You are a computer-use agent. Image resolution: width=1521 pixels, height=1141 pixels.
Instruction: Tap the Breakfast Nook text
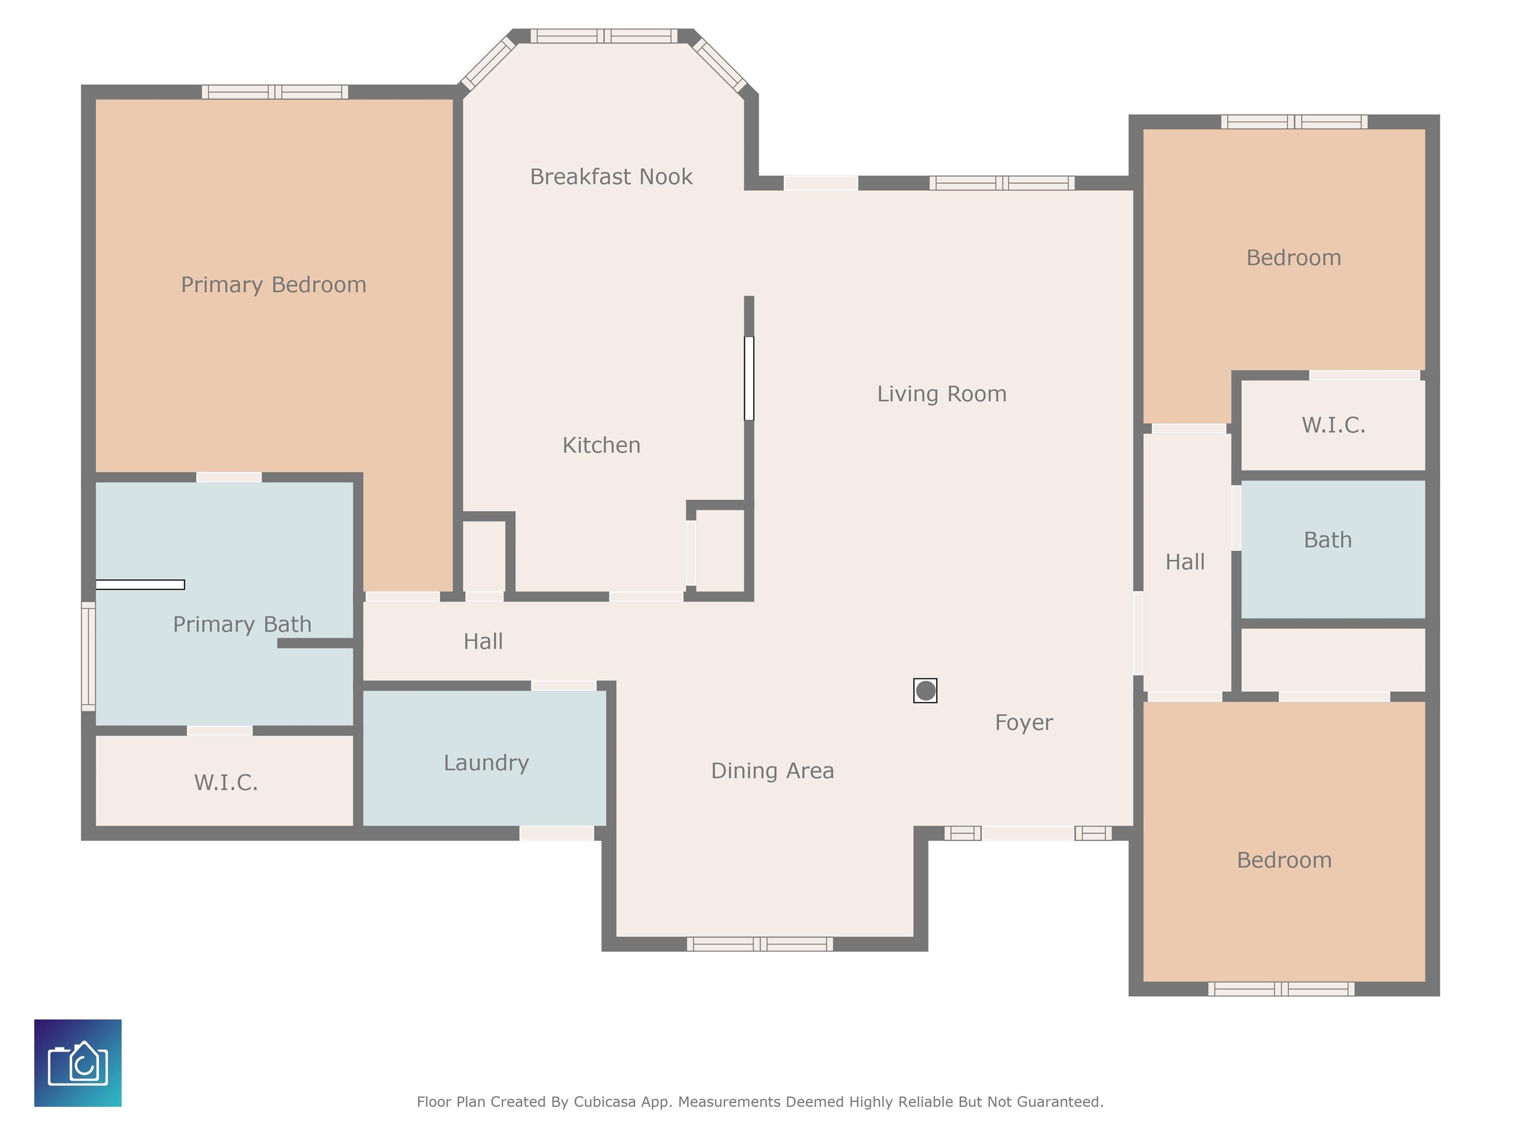[610, 177]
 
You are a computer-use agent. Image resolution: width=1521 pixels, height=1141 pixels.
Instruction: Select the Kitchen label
[601, 445]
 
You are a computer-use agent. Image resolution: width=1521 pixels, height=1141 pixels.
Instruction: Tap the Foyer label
[1023, 722]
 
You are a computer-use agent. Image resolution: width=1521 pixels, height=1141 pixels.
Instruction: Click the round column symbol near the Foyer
[925, 690]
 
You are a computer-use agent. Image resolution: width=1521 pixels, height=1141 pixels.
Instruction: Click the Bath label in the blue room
[1327, 540]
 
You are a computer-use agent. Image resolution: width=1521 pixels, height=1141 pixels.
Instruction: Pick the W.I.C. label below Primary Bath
[226, 782]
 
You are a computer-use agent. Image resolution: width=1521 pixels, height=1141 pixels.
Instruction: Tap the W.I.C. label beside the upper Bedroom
[1332, 425]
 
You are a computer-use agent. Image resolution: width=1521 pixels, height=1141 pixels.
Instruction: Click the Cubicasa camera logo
[78, 1063]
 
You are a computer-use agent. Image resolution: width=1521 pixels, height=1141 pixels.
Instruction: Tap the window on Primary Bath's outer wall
[88, 656]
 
